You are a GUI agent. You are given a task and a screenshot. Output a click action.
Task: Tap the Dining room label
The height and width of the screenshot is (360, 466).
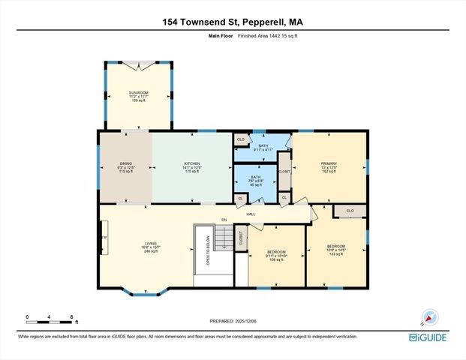[x=125, y=167]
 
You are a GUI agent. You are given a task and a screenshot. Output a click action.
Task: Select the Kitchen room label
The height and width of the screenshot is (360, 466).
[x=192, y=167]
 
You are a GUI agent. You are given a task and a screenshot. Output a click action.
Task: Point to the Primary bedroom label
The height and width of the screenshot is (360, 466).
[x=329, y=167]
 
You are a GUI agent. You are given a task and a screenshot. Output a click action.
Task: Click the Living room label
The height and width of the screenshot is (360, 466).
[x=152, y=247]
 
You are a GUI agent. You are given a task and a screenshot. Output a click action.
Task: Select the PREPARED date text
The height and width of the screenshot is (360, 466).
[x=233, y=320]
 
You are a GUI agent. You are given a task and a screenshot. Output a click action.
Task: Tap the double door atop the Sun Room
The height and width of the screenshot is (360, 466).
[x=138, y=65]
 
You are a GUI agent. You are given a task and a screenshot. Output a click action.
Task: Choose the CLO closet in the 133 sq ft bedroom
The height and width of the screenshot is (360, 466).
[x=350, y=211]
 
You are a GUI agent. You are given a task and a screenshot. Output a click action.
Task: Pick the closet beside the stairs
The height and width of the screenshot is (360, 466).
[x=241, y=238]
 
